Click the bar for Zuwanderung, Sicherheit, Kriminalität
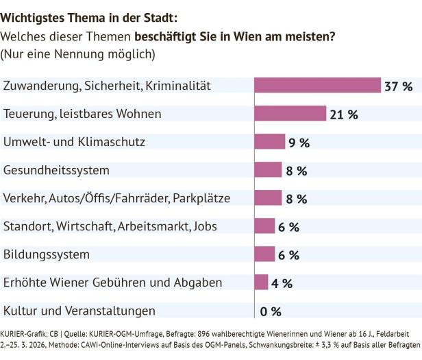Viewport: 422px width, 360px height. [317, 85]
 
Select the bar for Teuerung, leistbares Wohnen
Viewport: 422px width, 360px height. [290, 113]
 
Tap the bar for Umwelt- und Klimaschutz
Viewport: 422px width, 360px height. [269, 141]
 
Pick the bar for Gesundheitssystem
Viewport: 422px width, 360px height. [268, 169]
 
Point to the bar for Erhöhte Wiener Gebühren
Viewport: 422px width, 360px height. [261, 282]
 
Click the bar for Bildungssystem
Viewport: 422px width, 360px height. [264, 254]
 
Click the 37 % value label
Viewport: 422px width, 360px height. [399, 86]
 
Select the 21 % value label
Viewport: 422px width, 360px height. [344, 115]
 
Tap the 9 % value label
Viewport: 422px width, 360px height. [298, 143]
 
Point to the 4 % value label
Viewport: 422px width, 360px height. [282, 283]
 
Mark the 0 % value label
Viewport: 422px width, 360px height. [271, 311]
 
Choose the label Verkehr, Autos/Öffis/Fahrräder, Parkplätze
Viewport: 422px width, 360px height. [116, 198]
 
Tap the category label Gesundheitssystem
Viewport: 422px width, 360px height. [58, 169]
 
